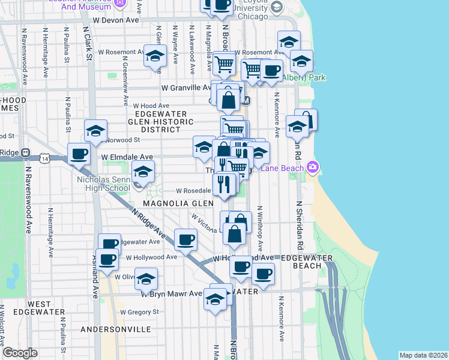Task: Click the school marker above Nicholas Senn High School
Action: [143, 172]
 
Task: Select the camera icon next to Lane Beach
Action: [312, 167]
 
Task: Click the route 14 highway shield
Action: [45, 158]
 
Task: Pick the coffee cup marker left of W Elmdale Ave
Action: [79, 154]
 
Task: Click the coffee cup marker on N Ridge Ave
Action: [185, 240]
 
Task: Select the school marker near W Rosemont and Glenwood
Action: [155, 57]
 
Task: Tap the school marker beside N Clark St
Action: [95, 131]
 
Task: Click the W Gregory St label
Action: [139, 312]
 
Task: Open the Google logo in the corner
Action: [20, 353]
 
